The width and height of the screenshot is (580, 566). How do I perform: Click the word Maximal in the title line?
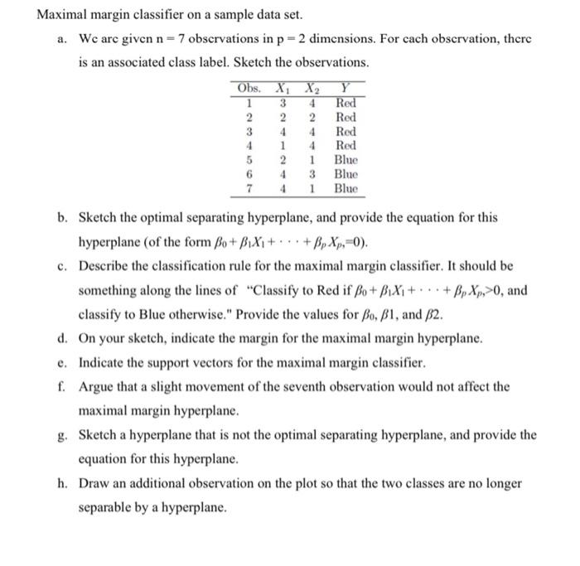tap(64, 15)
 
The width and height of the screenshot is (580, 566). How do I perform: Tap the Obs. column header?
tap(249, 89)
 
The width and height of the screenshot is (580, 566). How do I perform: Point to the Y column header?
tap(345, 89)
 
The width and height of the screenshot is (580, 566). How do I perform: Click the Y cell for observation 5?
tap(346, 159)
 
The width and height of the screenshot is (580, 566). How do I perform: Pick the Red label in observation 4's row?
tap(346, 145)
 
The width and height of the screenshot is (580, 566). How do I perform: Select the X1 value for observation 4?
tap(283, 145)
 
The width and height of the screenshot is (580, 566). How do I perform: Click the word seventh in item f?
tap(364, 387)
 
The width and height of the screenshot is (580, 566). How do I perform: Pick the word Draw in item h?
tap(94, 482)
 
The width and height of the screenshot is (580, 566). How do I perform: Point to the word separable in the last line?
tap(108, 506)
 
